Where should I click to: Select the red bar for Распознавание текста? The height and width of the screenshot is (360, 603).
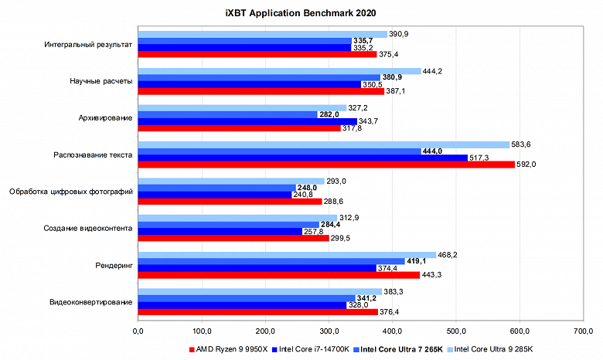click(x=325, y=164)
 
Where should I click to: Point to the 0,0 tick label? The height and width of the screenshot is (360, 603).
click(x=138, y=332)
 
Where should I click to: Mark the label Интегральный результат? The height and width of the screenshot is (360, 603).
click(x=89, y=44)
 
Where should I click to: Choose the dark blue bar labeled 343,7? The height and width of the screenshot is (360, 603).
click(x=247, y=121)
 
